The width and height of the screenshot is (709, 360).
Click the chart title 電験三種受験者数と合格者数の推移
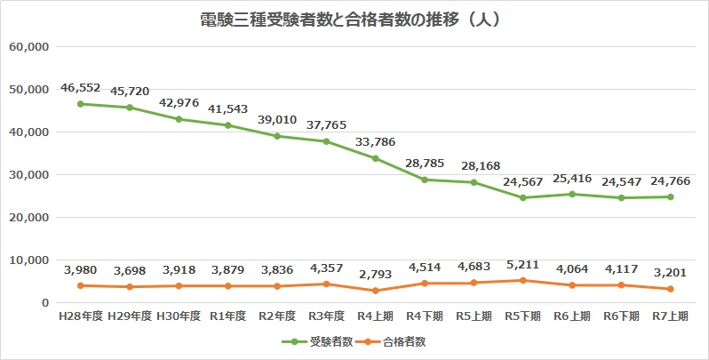(x=354, y=19)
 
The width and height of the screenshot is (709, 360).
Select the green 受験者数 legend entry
(x=317, y=340)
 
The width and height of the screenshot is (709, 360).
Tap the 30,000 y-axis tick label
(x=28, y=174)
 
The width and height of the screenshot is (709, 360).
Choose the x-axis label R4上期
(x=376, y=316)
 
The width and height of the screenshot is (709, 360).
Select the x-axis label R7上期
(x=671, y=316)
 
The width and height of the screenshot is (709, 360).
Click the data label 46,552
(x=80, y=88)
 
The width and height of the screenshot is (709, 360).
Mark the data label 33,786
(x=376, y=142)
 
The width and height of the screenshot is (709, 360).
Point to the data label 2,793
(x=376, y=275)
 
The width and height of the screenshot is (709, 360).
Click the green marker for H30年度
(x=179, y=119)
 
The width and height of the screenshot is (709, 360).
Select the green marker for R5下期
(x=523, y=197)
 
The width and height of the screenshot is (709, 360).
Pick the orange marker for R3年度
(x=326, y=284)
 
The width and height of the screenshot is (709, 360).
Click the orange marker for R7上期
(x=671, y=289)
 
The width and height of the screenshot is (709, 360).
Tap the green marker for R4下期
(x=425, y=180)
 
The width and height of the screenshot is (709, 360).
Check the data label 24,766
(x=671, y=180)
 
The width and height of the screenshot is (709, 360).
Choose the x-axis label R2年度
(x=277, y=316)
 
